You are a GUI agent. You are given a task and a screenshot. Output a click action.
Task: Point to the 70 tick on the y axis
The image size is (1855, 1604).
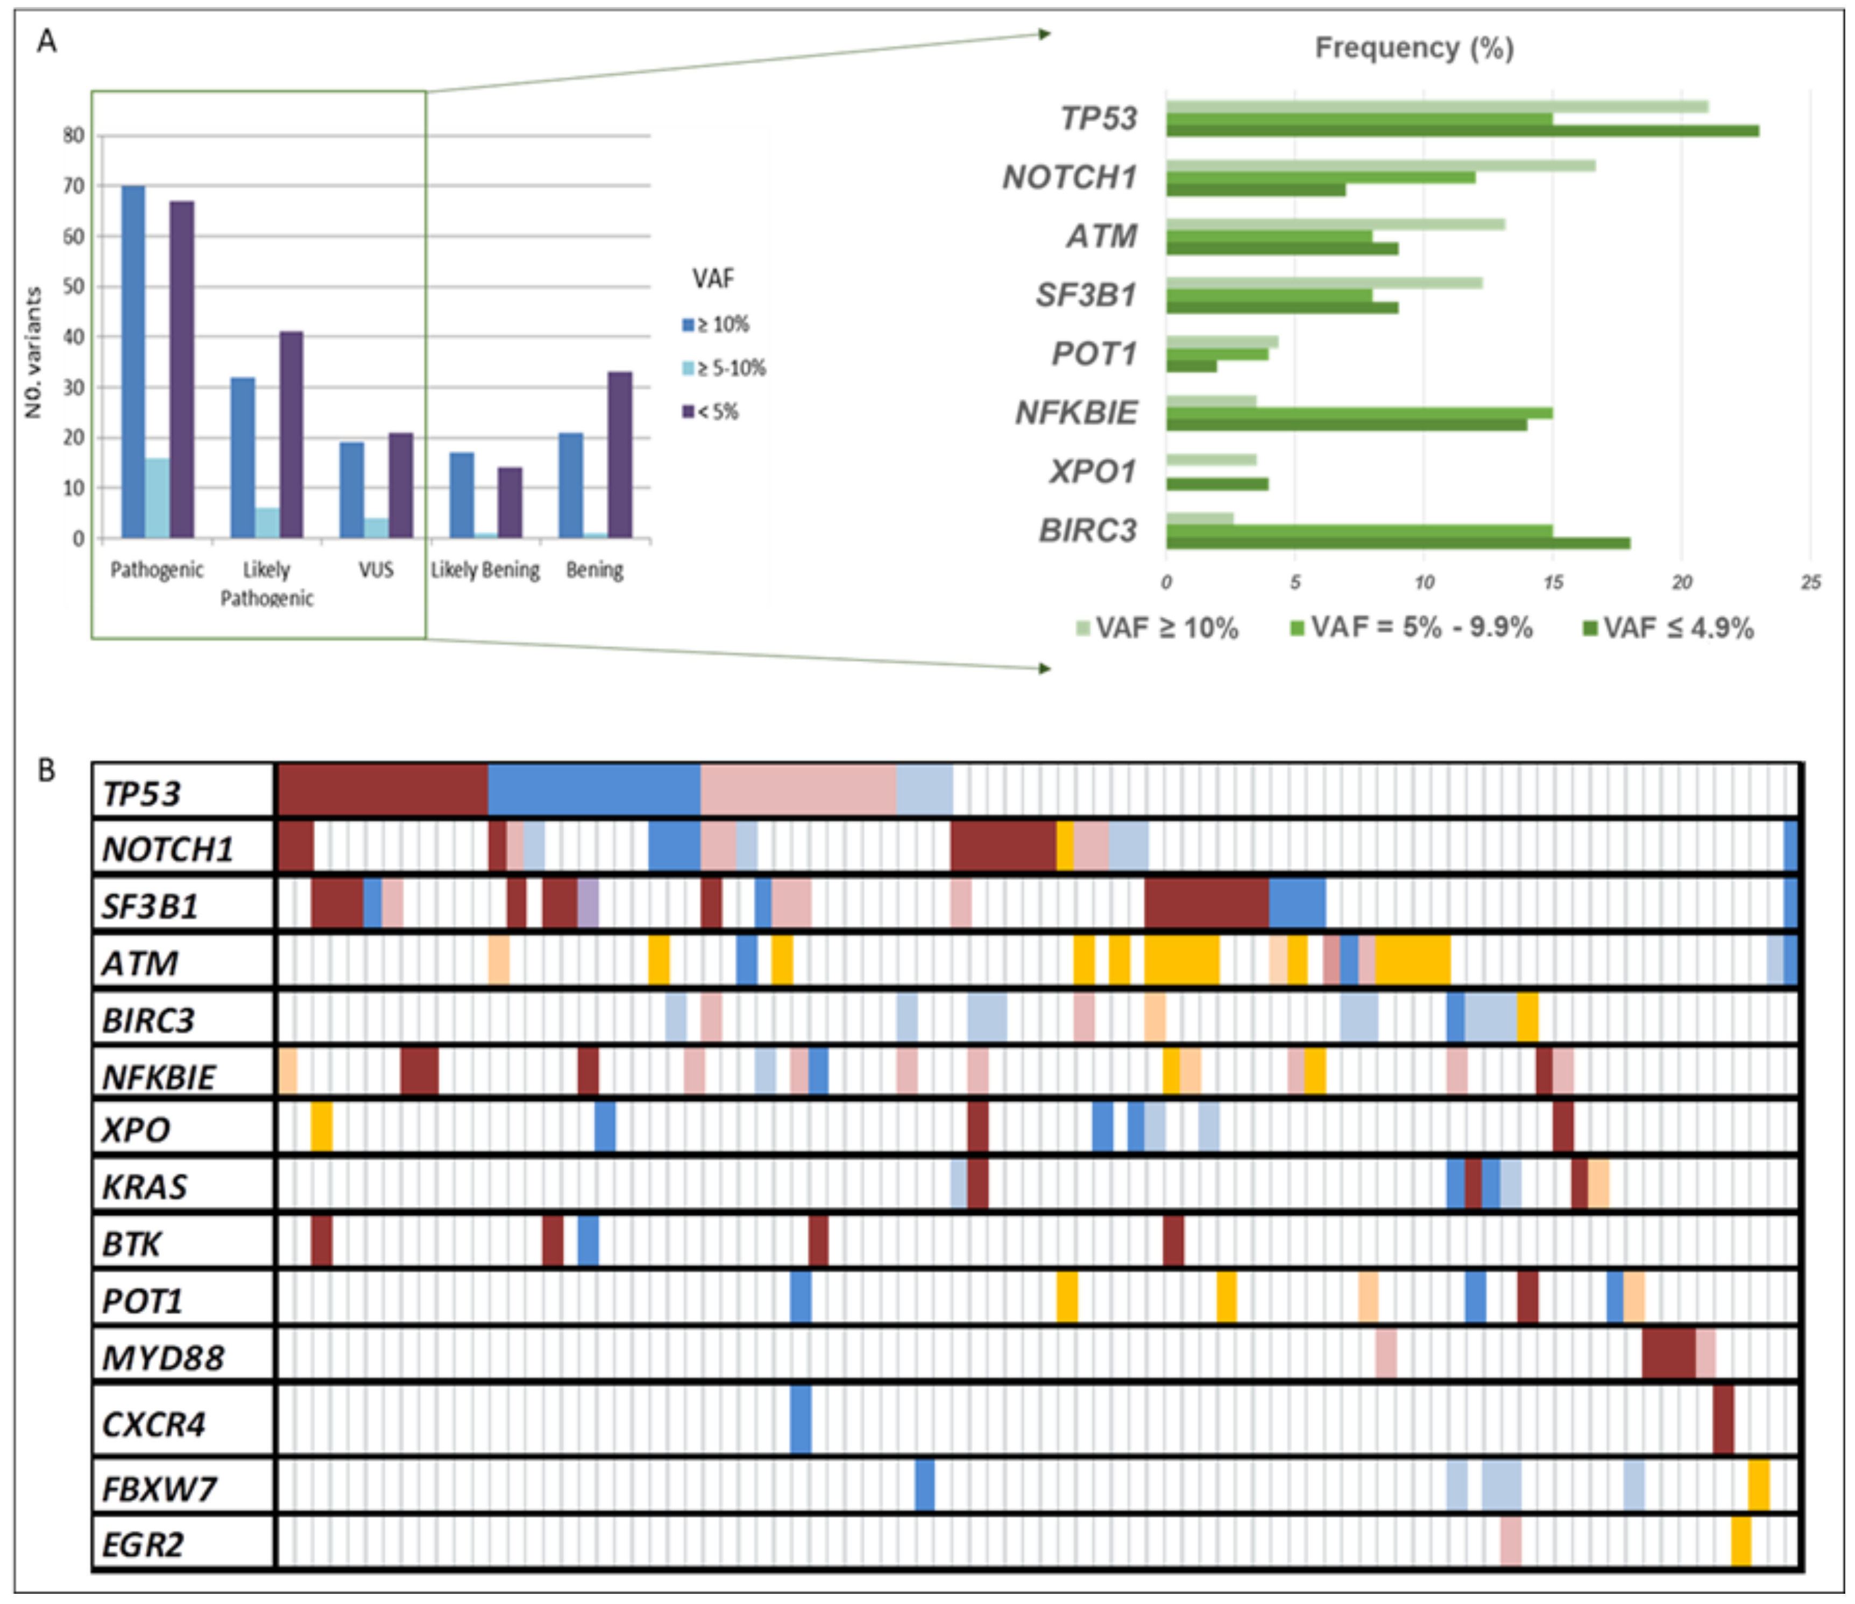pos(73,186)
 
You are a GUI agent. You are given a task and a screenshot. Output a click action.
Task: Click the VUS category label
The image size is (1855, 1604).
pos(376,569)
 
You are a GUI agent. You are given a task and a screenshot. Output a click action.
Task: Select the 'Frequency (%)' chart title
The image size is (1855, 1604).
pos(1414,47)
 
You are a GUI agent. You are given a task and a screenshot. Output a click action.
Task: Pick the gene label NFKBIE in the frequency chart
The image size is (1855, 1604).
pos(1075,413)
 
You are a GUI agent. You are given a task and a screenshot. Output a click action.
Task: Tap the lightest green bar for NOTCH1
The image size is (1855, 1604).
pos(1379,166)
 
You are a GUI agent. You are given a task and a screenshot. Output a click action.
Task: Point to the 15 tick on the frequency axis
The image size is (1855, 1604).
pos(1553,583)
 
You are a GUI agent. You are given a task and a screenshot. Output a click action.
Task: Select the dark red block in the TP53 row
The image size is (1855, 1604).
pos(383,791)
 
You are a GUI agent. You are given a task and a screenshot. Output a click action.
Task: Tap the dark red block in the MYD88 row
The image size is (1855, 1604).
pos(1668,1353)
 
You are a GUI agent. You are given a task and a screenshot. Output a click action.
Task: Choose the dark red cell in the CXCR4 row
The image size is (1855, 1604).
pos(1723,1419)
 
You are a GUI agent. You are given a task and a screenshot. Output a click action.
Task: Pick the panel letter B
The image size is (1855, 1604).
pos(47,770)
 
